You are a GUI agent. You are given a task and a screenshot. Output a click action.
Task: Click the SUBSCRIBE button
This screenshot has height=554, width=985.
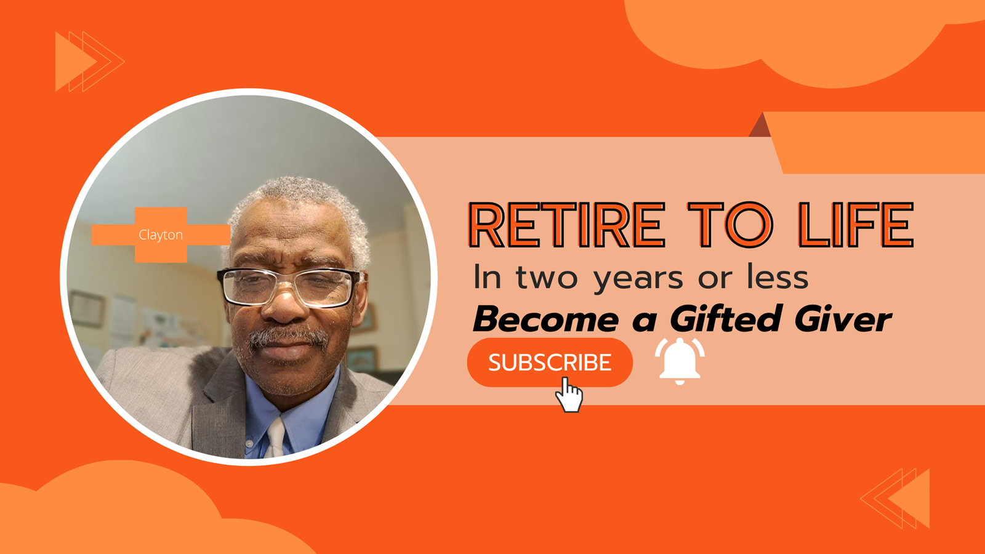click(550, 363)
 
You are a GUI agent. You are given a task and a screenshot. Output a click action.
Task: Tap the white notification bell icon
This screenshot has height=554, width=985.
click(680, 361)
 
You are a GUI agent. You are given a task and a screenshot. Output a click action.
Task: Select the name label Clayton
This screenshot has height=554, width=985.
click(161, 235)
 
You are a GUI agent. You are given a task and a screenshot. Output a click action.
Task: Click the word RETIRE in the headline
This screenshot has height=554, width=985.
click(567, 225)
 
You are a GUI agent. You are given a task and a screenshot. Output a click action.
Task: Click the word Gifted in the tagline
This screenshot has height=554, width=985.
click(726, 318)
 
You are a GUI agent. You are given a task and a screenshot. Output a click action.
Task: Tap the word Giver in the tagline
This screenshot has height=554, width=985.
click(843, 318)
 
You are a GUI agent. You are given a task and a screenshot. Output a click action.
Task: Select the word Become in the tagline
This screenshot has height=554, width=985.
click(546, 318)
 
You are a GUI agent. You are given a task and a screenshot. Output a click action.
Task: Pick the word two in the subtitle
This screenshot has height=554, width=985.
click(547, 278)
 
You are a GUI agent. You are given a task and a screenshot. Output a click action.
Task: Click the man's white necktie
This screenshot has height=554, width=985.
click(275, 438)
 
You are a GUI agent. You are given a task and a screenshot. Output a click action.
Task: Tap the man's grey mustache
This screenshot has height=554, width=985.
click(288, 338)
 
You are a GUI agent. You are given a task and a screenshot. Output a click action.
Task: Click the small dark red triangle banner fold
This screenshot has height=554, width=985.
click(760, 126)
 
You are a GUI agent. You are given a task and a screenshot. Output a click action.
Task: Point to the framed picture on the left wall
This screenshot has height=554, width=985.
click(87, 308)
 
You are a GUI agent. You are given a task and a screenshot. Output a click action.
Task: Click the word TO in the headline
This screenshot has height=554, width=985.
click(730, 225)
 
